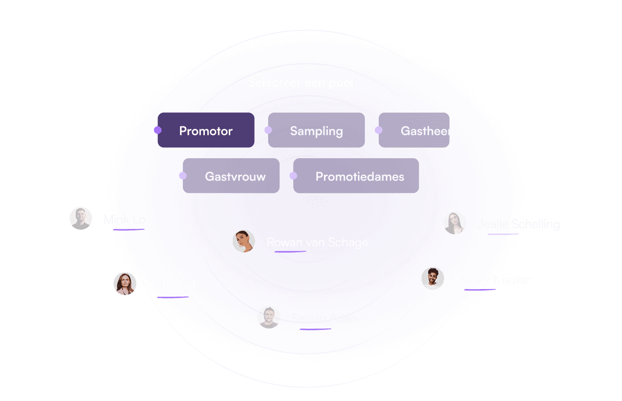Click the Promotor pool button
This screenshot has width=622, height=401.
coord(206,130)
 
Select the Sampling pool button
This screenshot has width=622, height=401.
coord(316,130)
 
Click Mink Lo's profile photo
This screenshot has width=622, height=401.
coord(81,218)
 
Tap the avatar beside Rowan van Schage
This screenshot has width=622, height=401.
coord(244,241)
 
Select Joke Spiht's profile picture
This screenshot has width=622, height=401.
coord(125,284)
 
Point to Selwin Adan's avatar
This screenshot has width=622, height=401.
coord(269,317)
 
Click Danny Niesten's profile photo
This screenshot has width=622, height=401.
coord(433,279)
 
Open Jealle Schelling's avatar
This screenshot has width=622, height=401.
coord(455,223)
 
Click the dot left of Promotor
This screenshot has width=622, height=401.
coord(157,130)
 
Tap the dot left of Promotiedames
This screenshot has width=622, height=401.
coord(294,176)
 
